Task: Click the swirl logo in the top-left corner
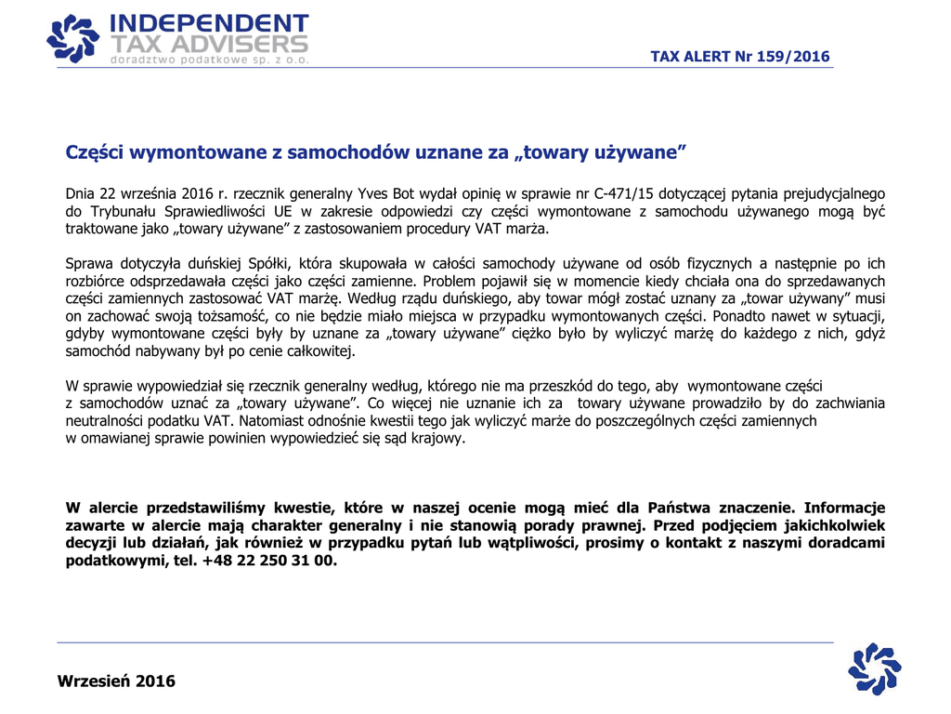pos(72,39)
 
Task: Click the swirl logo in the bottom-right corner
pos(875,668)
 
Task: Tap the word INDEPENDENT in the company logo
pos(208,23)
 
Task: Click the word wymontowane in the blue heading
pos(183,151)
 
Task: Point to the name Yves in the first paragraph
pos(371,193)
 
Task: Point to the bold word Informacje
pos(843,508)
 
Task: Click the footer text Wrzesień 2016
pos(116,681)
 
